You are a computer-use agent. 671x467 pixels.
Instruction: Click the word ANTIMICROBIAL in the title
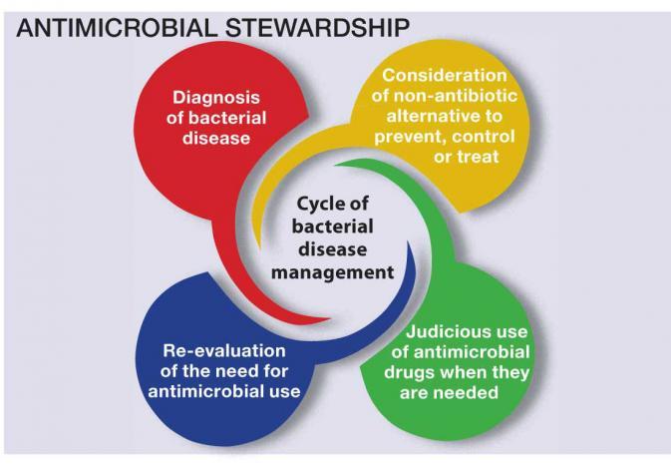point(117,28)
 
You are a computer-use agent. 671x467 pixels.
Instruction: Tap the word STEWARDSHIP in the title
point(317,28)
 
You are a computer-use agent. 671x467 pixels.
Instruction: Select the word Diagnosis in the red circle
point(216,98)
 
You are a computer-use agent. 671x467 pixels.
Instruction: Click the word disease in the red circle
point(216,138)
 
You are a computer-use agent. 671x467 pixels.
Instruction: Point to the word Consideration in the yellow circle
point(445,76)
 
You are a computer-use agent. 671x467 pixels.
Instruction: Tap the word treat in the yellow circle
point(478,157)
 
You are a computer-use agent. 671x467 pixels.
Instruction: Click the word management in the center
point(332,272)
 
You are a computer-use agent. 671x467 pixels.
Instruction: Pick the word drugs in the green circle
point(408,373)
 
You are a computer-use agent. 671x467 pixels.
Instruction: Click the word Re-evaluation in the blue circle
point(223,351)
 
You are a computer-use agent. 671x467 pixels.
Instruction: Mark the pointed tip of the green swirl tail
point(335,164)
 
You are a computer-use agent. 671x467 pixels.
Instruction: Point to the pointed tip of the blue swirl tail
point(408,241)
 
